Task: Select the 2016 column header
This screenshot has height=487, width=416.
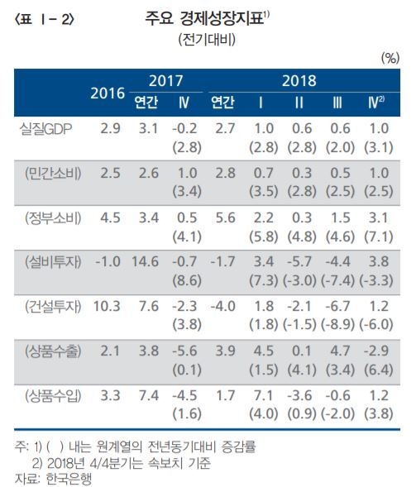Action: (x=108, y=93)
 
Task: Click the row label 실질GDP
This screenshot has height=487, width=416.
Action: (x=50, y=130)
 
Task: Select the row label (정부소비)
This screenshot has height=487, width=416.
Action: (x=51, y=218)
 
